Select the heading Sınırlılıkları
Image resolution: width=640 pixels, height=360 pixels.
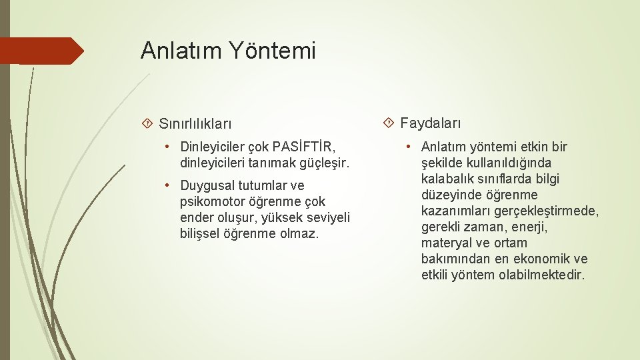pyautogui.click(x=195, y=123)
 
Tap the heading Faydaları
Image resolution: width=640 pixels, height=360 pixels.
pyautogui.click(x=430, y=123)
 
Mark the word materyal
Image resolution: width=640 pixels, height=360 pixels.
pyautogui.click(x=446, y=243)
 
